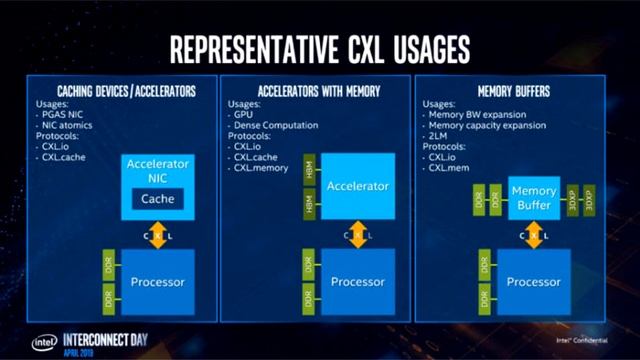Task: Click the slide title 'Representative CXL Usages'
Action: [320, 47]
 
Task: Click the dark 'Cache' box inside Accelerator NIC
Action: [157, 198]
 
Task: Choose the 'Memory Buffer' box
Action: [534, 197]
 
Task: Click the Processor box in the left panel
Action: [157, 281]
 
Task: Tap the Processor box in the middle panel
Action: [357, 281]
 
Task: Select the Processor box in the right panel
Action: [533, 281]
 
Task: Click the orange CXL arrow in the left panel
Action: [157, 235]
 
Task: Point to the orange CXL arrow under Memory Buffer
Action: [533, 237]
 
